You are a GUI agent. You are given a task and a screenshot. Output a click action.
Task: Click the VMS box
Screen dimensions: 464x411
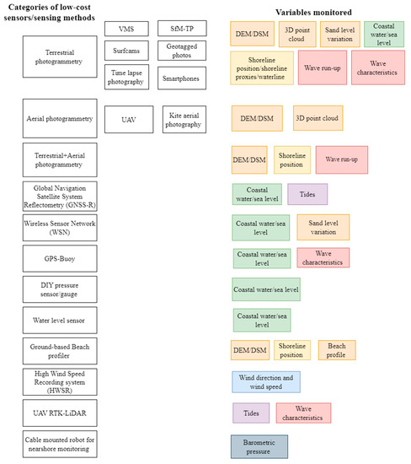[126, 30]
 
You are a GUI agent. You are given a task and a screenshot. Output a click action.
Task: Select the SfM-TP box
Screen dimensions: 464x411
[180, 30]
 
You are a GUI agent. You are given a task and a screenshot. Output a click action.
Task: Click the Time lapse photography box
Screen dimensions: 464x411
[126, 78]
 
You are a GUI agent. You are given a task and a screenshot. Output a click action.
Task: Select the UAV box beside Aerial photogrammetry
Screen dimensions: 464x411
[128, 120]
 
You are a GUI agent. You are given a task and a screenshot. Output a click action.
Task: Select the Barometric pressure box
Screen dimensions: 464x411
[259, 445]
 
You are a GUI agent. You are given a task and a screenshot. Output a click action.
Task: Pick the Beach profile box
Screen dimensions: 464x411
[336, 350]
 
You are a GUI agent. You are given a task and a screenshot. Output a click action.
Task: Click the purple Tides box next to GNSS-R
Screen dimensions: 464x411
[307, 194]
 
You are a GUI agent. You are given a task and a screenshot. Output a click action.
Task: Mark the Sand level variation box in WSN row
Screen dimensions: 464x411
[323, 227]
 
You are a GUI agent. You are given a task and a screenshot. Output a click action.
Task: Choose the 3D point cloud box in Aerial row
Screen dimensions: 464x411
[318, 119]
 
